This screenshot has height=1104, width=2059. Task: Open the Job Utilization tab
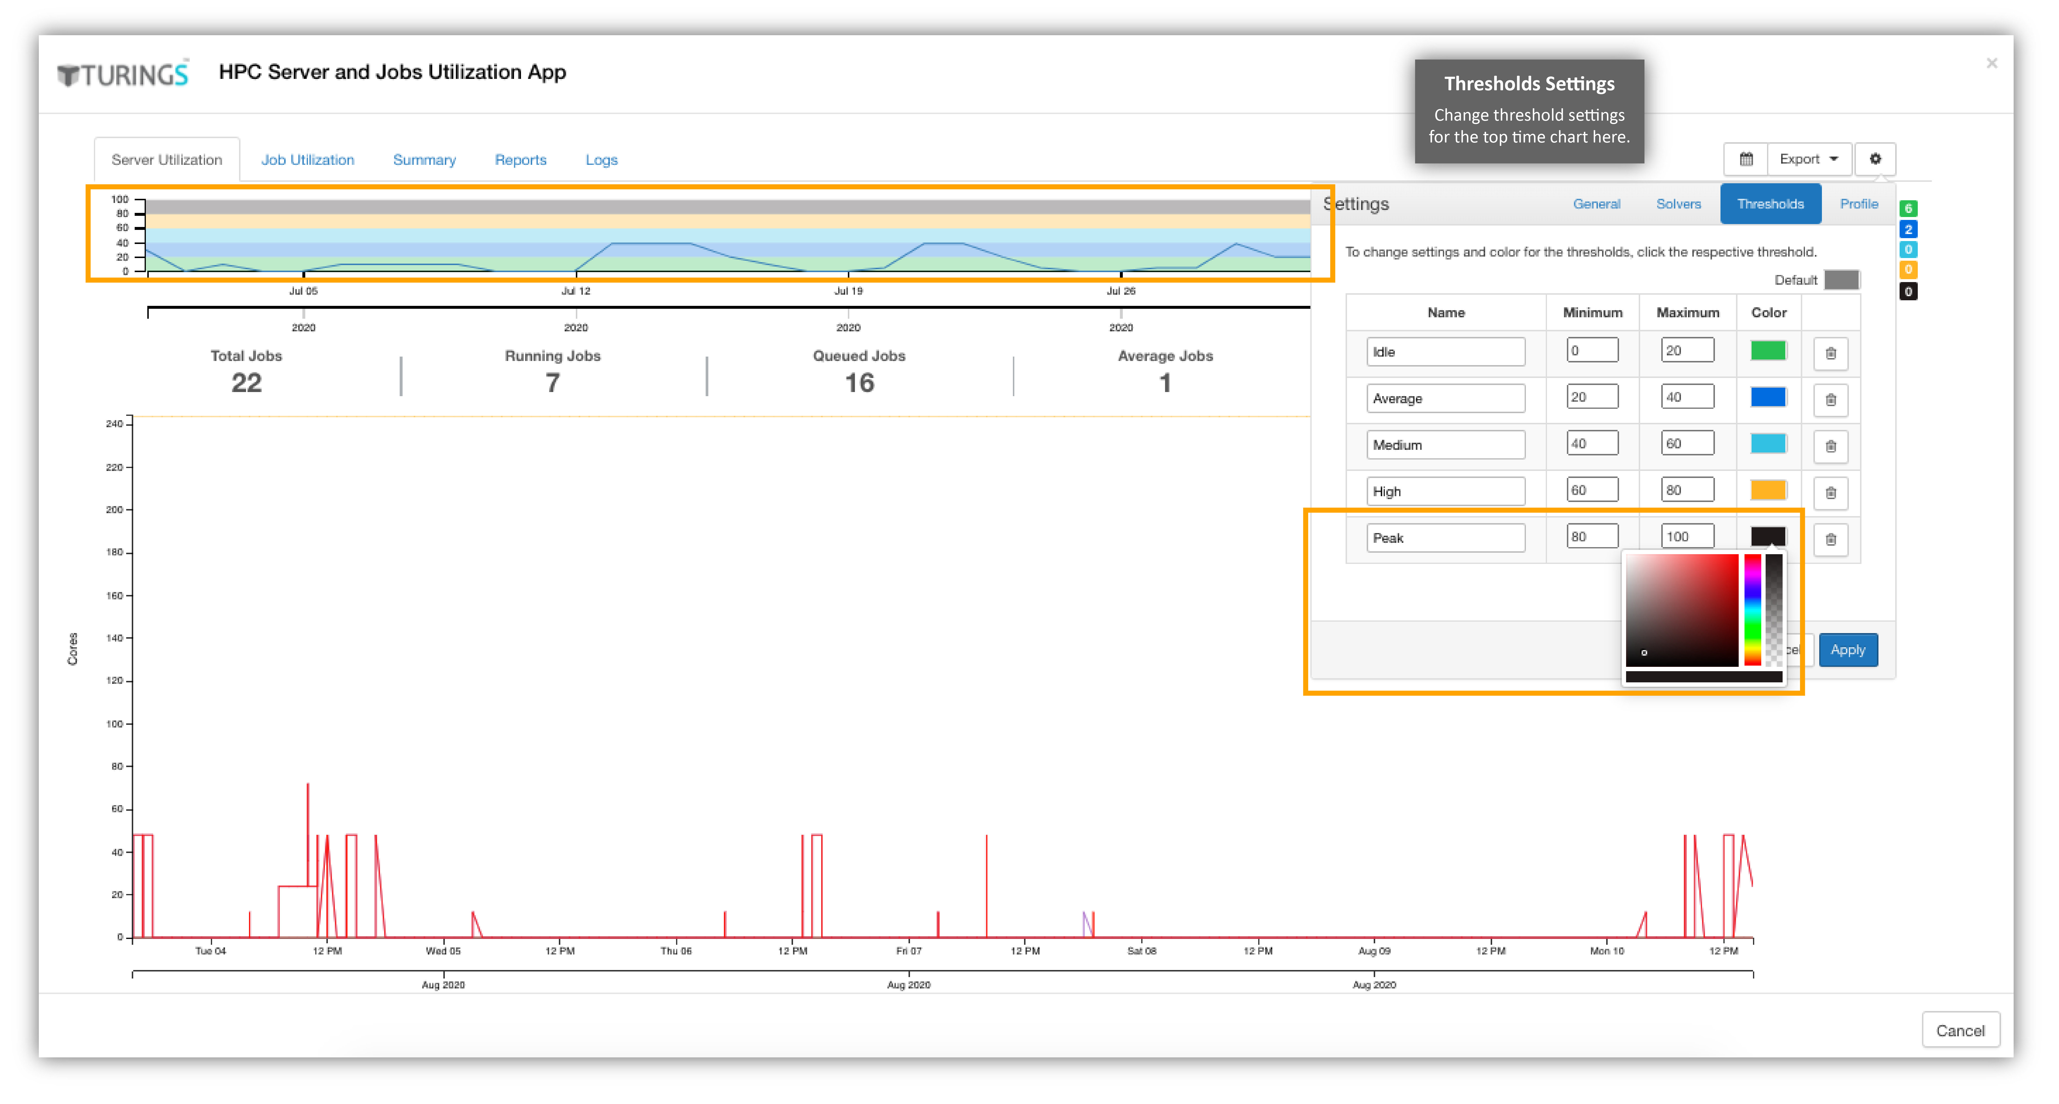coord(308,160)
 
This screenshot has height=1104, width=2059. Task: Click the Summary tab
coord(424,160)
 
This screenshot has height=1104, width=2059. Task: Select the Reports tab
coord(520,160)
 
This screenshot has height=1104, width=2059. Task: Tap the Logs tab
coord(601,160)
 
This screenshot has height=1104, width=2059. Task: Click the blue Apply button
coord(1848,650)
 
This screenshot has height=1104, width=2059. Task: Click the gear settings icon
coord(1875,159)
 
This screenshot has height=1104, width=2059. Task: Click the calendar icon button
coord(1746,159)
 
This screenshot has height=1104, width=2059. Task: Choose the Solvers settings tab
coord(1679,204)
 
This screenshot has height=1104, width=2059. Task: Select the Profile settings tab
coord(1859,204)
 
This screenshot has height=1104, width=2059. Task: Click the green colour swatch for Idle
coord(1768,351)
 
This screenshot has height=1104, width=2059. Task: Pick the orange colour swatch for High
coord(1768,490)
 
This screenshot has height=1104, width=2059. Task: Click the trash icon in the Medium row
coord(1830,445)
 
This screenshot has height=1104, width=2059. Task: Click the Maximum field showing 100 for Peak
coord(1687,536)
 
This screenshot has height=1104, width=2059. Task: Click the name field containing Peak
coord(1445,538)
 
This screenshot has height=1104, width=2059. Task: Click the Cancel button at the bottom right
coord(1960,1030)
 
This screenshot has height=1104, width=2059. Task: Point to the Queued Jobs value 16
coord(859,383)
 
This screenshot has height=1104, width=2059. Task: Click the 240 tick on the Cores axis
coord(114,424)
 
